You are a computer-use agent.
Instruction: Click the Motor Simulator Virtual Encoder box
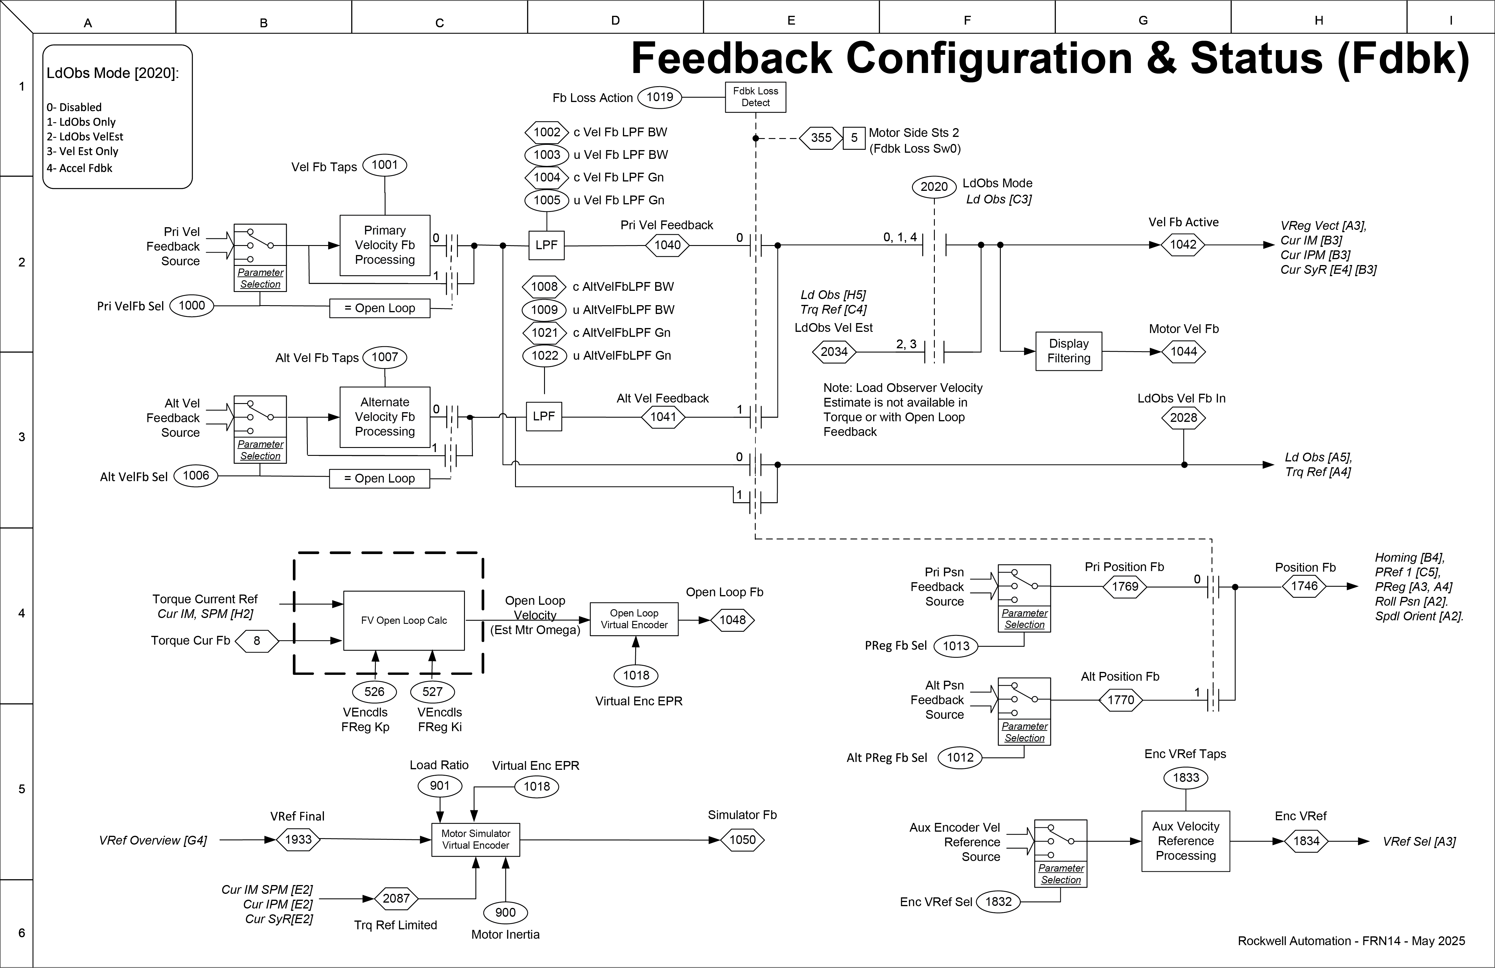(x=475, y=839)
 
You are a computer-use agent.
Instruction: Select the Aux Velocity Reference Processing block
(x=1185, y=841)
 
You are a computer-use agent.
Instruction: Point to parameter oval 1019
(x=660, y=97)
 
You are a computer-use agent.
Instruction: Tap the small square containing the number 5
(x=854, y=137)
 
